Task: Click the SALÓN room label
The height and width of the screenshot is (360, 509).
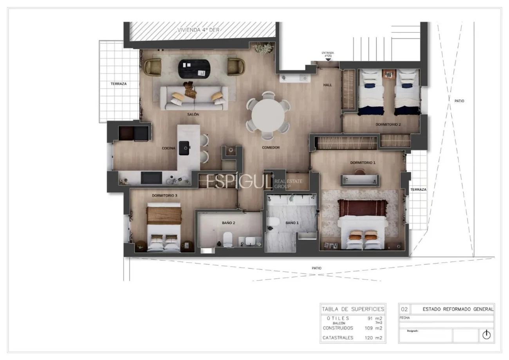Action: tap(193, 114)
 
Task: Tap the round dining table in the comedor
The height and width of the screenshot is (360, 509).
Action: tap(268, 115)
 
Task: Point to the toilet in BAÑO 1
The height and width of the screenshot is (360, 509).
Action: tap(273, 223)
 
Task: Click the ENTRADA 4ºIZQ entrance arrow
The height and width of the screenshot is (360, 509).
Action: tap(328, 60)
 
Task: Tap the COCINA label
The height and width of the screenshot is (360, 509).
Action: tap(168, 148)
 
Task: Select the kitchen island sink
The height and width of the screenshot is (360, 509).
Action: tap(184, 148)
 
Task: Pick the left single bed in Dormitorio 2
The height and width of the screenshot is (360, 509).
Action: tap(371, 92)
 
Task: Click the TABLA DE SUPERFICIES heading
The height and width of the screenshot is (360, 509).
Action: tap(353, 309)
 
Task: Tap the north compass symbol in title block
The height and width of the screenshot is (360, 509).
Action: tap(486, 335)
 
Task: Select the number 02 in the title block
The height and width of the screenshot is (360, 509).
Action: tap(404, 309)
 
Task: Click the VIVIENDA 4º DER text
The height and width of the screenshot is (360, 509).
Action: tap(199, 30)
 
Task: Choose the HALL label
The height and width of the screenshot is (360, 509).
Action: tap(328, 85)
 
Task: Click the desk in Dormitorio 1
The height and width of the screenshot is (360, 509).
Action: tap(360, 180)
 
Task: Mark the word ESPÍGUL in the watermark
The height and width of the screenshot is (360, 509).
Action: tap(239, 181)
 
